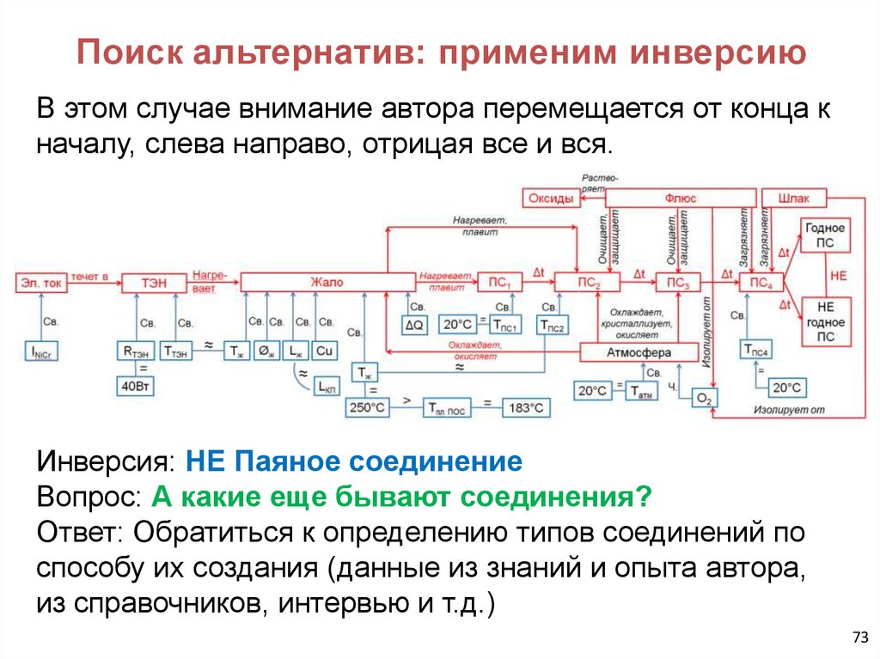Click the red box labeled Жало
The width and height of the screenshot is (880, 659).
tap(327, 283)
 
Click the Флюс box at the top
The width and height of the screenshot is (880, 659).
tap(680, 198)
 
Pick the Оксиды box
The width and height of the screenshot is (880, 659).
tap(550, 198)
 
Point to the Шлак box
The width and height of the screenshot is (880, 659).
tap(793, 198)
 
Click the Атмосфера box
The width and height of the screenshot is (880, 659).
tap(639, 352)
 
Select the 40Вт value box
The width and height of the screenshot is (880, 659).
tap(136, 387)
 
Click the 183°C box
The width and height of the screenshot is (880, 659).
tap(524, 408)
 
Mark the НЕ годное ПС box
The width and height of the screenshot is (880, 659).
tap(825, 321)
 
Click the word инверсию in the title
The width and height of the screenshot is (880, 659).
tap(720, 53)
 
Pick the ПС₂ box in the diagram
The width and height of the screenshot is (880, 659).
tap(577, 283)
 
